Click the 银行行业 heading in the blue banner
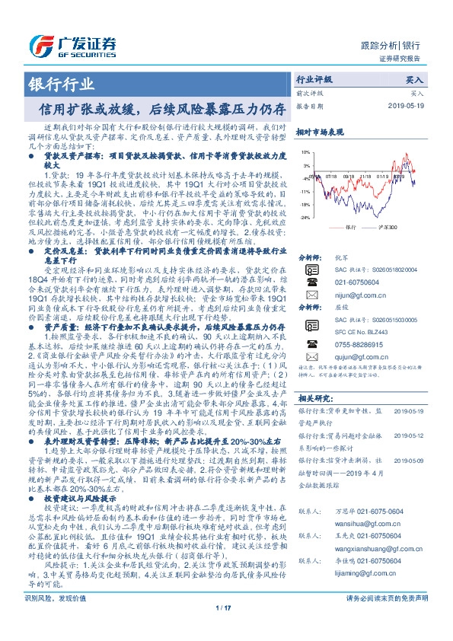pos(51,84)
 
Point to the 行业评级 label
pos(314,79)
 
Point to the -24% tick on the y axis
pos(305,218)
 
